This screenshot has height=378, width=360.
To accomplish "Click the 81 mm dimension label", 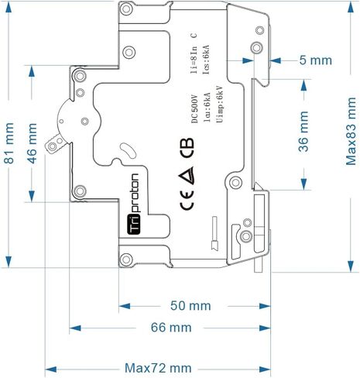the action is [9, 143].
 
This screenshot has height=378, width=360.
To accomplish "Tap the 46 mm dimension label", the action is [33, 143].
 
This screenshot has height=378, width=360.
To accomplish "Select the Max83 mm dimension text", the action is [351, 131].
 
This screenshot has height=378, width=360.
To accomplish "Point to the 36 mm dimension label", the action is [303, 131].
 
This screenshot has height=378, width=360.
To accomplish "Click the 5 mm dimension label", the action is [316, 60].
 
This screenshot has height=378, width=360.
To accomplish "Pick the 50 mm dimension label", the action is [190, 306].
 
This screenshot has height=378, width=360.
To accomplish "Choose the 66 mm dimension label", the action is [171, 328].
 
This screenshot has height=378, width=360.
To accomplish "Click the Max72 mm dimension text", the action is [158, 368].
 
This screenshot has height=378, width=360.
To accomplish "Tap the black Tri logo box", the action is [134, 225].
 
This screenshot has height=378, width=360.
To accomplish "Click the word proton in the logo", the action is [134, 193].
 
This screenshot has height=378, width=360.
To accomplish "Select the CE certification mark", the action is [187, 201].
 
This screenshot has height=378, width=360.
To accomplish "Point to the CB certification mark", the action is [187, 148].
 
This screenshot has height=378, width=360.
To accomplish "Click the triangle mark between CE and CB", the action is [187, 175].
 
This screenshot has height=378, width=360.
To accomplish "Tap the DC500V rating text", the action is [195, 108].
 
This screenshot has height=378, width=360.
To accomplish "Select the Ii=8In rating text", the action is [194, 60].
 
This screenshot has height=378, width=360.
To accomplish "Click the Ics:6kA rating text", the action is [206, 60].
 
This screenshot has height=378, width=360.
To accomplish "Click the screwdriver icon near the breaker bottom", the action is [214, 234].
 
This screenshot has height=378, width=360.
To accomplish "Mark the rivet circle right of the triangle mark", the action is [235, 183].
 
